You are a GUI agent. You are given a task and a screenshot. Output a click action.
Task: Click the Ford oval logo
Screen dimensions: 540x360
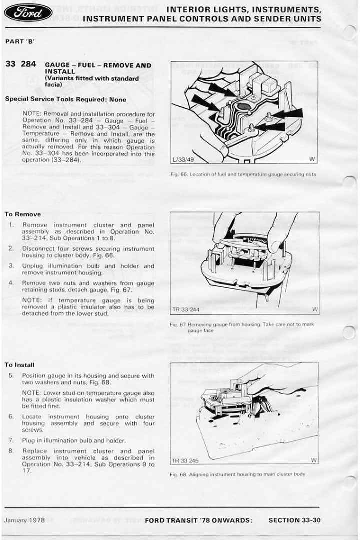click(28, 12)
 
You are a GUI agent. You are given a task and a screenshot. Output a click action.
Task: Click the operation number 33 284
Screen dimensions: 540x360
click(20, 64)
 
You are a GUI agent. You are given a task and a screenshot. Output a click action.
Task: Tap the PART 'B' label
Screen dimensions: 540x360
click(20, 41)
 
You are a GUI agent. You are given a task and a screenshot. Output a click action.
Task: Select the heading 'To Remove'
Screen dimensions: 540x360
click(23, 214)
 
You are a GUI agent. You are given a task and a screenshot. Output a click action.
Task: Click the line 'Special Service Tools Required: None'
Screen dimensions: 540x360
click(66, 99)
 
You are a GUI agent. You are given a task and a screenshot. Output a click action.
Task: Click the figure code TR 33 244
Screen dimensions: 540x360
click(186, 310)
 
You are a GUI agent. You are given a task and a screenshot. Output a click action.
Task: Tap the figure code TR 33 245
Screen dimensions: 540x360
click(185, 460)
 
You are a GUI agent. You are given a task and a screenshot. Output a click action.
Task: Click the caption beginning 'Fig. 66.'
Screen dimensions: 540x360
click(243, 174)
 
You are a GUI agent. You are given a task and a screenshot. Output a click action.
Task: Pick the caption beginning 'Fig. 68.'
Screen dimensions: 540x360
click(237, 474)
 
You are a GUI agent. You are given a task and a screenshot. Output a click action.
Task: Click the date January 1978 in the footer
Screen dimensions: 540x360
click(24, 520)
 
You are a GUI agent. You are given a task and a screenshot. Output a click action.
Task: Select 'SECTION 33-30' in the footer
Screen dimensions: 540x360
click(294, 520)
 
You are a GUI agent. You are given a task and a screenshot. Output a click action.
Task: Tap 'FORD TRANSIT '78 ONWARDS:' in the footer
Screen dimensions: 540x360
click(198, 520)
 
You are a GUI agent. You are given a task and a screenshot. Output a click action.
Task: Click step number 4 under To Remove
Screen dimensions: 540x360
click(11, 283)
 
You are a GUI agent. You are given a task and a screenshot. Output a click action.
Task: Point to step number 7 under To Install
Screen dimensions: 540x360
click(11, 440)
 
